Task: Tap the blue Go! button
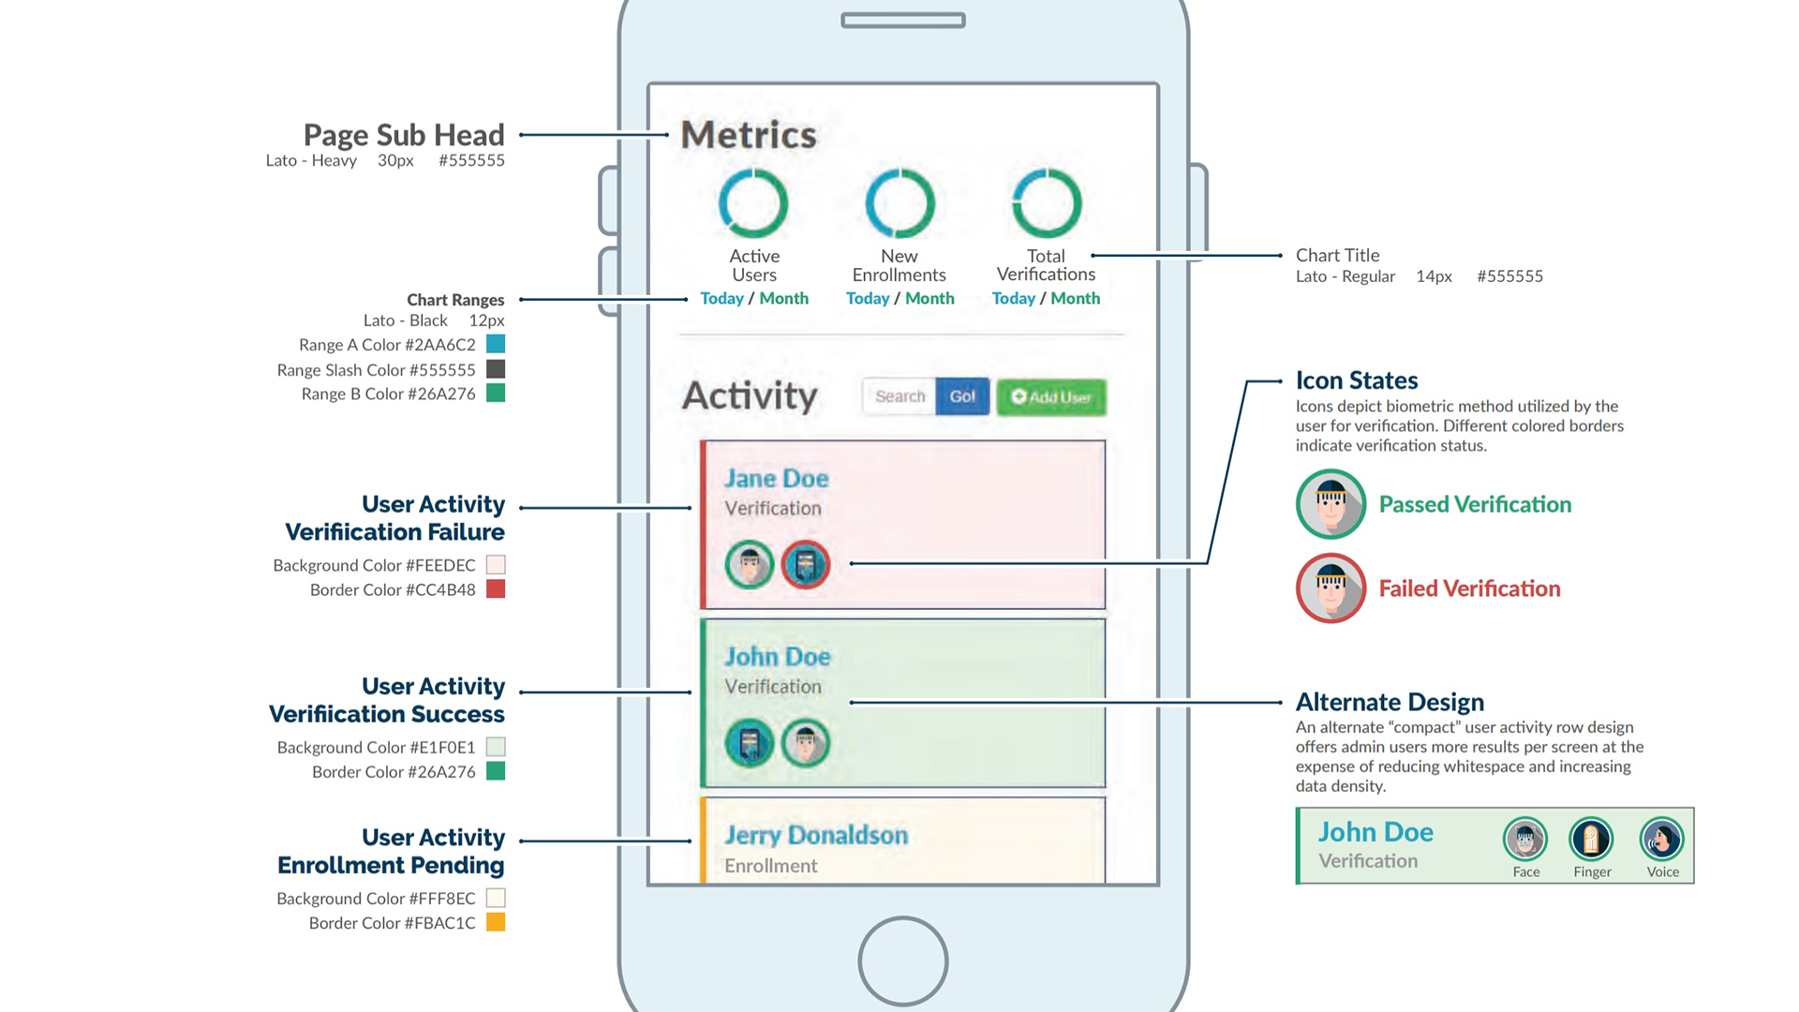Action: point(962,396)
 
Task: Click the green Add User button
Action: point(1050,396)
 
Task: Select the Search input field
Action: point(899,396)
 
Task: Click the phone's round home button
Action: point(902,960)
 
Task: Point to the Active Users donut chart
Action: point(753,203)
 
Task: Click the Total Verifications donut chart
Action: point(1047,203)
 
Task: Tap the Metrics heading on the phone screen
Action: point(749,135)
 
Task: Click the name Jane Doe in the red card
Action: point(776,478)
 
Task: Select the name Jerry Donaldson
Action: point(815,835)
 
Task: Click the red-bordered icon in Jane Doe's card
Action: point(806,564)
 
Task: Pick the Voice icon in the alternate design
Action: point(1661,839)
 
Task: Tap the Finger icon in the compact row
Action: point(1591,839)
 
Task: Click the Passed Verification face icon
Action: point(1331,504)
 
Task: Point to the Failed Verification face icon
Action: point(1331,588)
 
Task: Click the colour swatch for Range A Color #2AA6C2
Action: point(496,344)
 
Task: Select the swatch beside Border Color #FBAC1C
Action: point(496,922)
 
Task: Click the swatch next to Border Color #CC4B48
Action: point(496,588)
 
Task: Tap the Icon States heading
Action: point(1356,380)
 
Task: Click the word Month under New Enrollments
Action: point(929,298)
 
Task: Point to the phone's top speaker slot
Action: point(902,21)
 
